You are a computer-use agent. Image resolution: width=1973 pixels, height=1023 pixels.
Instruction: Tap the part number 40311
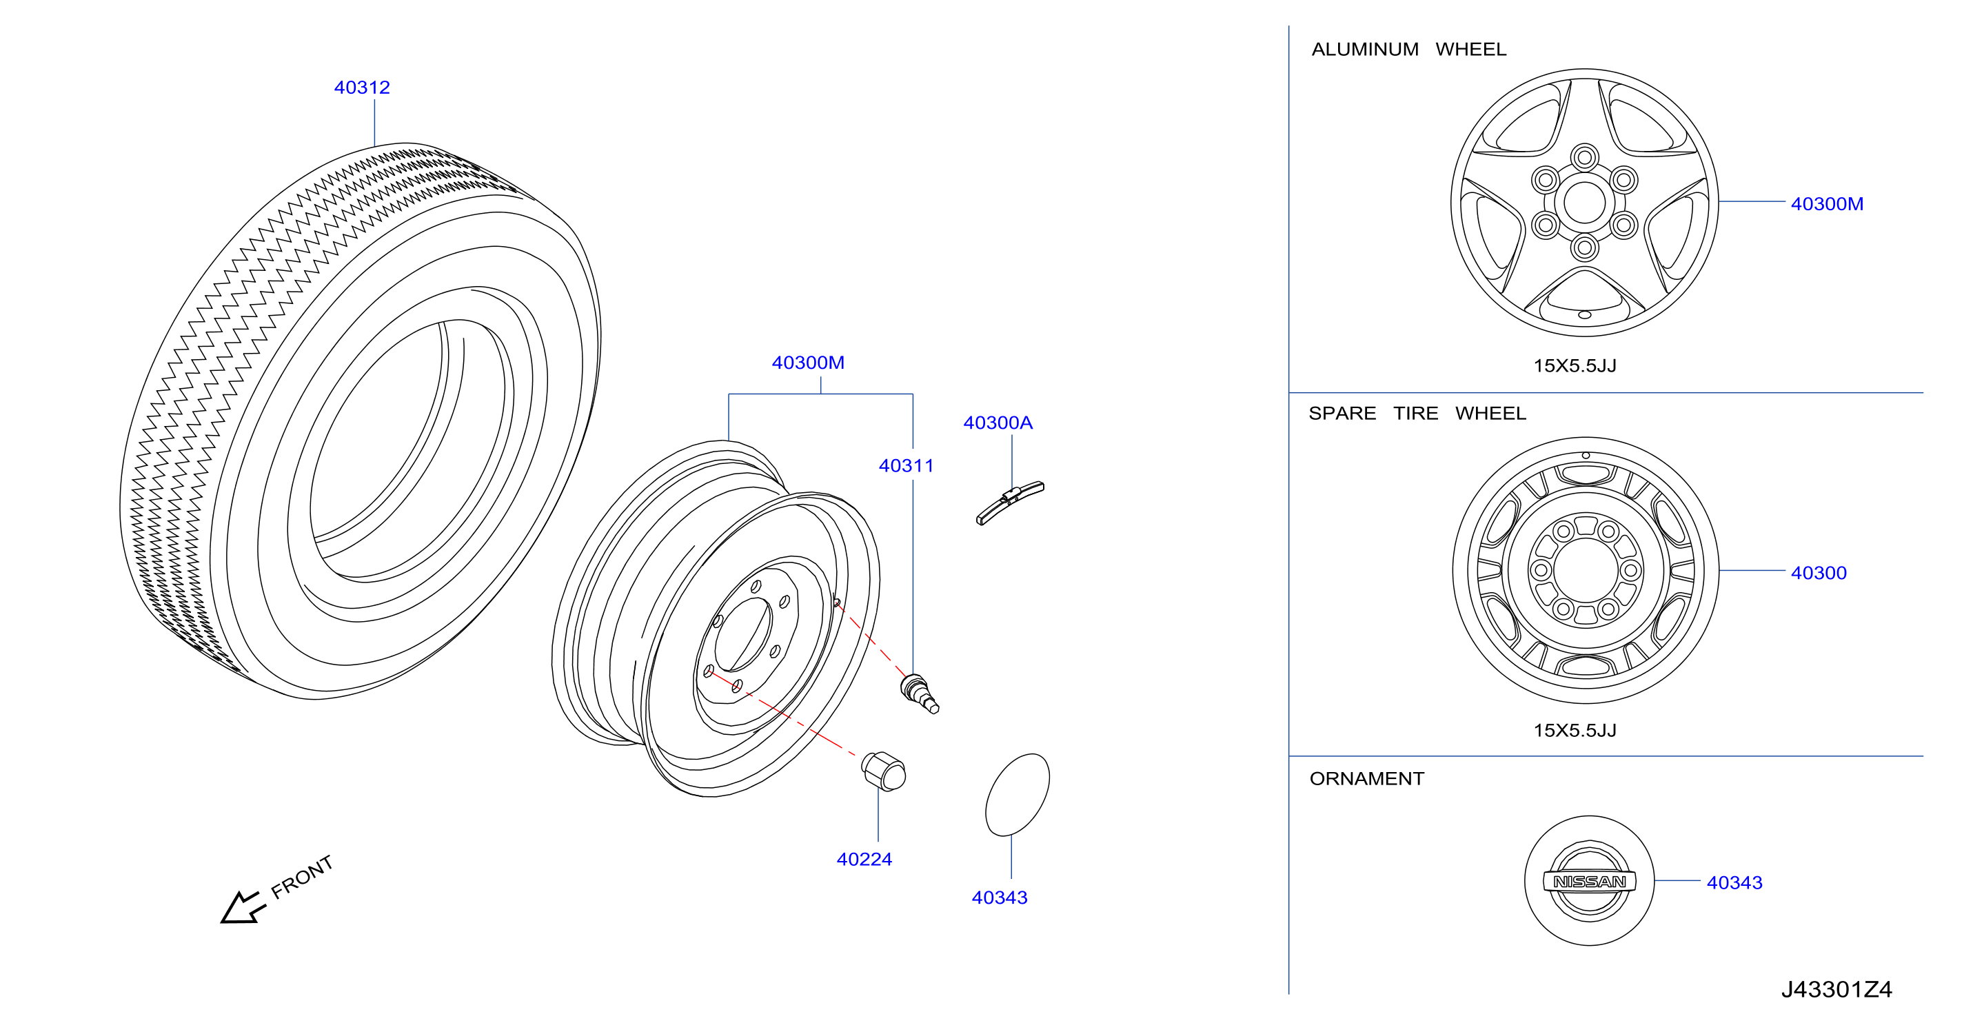click(x=906, y=465)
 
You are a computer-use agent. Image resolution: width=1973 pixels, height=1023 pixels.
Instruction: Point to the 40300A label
click(x=998, y=423)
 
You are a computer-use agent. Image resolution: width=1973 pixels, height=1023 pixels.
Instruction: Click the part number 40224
click(x=864, y=859)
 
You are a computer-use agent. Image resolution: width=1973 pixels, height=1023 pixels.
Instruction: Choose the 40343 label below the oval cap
click(x=1000, y=898)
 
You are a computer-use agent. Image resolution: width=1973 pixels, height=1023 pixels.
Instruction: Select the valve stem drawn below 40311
click(x=920, y=693)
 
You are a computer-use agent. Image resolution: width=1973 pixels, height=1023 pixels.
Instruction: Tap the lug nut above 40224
click(x=884, y=771)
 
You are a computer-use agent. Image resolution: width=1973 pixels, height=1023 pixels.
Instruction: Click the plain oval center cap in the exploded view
click(x=1017, y=795)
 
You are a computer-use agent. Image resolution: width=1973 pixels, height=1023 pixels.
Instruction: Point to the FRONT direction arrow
click(x=243, y=908)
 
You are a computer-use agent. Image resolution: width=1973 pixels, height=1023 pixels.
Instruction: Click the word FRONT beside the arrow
click(x=303, y=877)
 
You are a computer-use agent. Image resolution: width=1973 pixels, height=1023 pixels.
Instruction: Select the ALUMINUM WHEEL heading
click(x=1408, y=49)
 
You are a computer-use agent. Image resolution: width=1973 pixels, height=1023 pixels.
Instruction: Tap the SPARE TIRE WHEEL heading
click(x=1417, y=414)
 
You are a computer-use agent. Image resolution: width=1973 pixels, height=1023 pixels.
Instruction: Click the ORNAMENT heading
click(x=1366, y=779)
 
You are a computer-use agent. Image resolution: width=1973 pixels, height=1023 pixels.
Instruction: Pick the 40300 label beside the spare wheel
click(x=1819, y=573)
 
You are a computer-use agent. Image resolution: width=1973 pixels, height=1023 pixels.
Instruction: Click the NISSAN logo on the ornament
click(x=1589, y=882)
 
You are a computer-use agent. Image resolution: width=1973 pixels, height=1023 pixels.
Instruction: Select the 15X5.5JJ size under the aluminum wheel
click(x=1575, y=366)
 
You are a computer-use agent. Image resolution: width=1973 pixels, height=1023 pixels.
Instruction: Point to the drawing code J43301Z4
click(x=1837, y=989)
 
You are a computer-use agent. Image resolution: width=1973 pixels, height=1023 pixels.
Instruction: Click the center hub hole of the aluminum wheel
click(x=1584, y=203)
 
